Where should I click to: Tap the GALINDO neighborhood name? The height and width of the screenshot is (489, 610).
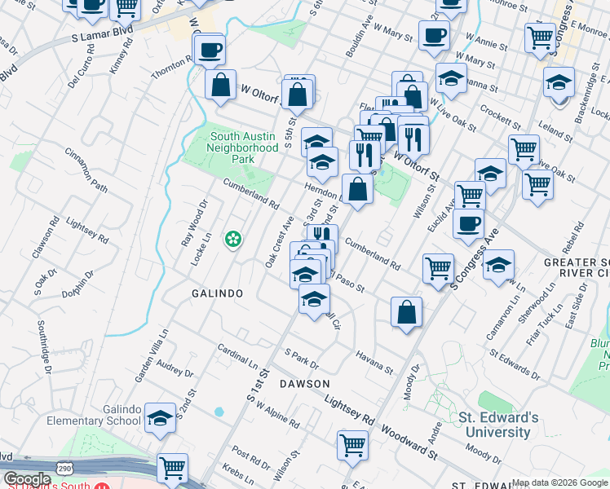(x=218, y=293)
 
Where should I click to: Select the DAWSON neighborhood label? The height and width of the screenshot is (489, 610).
(x=304, y=383)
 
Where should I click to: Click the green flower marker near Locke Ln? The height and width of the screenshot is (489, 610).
(x=234, y=239)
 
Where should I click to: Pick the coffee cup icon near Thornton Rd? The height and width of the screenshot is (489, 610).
(x=210, y=49)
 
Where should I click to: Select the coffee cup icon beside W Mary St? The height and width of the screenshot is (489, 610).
(x=434, y=36)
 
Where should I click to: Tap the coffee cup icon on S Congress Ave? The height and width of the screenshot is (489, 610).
(x=468, y=224)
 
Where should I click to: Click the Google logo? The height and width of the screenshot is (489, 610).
(x=27, y=479)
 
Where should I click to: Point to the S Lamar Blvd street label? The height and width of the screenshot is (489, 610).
(x=103, y=36)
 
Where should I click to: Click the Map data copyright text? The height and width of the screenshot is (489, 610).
(x=559, y=482)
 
